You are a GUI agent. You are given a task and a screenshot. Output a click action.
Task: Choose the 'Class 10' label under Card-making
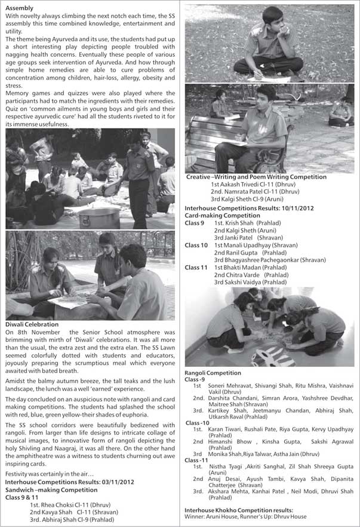point(196,245)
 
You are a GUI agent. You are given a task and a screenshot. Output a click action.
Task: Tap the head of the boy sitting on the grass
point(271,16)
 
